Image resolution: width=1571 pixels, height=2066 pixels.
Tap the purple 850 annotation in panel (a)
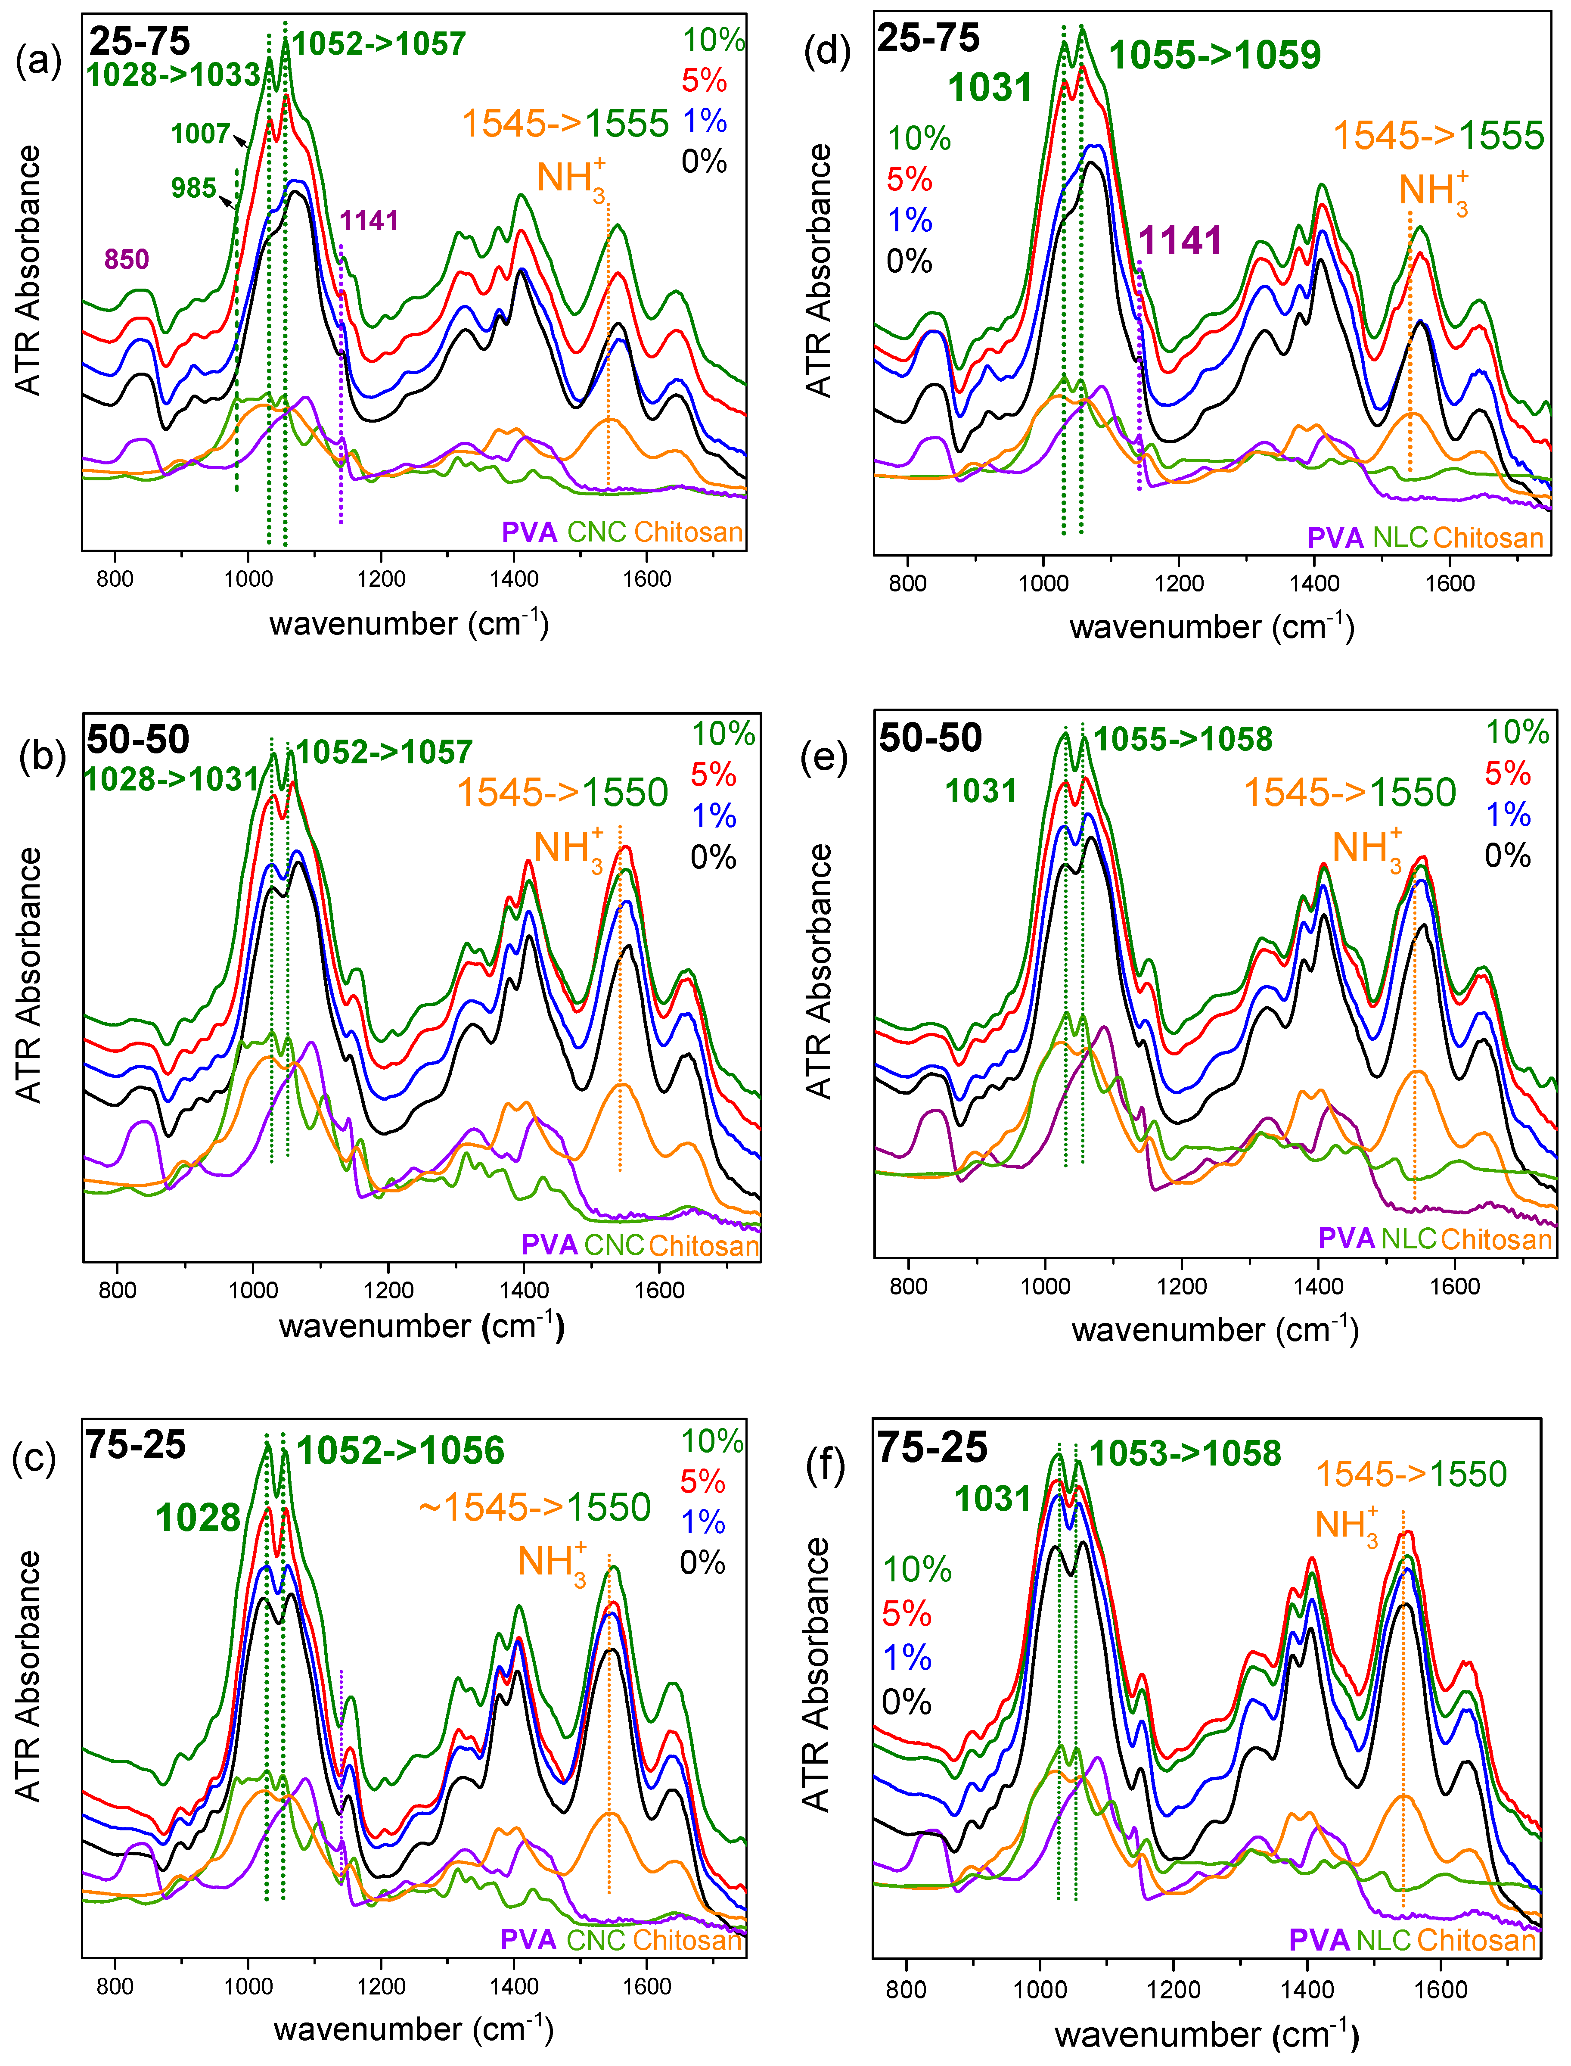[x=126, y=259]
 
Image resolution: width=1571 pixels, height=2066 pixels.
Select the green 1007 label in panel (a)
[x=200, y=134]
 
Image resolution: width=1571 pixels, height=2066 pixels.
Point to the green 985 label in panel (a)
[x=193, y=188]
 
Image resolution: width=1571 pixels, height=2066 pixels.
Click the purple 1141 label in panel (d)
[x=1180, y=241]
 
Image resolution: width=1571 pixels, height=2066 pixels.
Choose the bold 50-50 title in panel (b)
[x=138, y=740]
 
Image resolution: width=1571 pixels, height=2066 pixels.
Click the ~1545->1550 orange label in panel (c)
[x=534, y=1508]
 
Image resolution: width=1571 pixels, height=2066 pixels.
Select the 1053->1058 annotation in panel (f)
[x=1185, y=1453]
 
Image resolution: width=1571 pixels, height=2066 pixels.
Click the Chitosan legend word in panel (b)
[x=703, y=1246]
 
